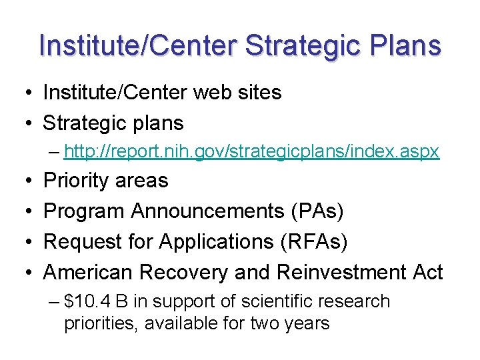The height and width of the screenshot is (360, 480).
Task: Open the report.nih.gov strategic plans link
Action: point(252,152)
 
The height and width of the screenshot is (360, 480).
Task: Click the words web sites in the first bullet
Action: point(237,93)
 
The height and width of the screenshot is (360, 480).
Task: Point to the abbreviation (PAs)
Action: point(318,211)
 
